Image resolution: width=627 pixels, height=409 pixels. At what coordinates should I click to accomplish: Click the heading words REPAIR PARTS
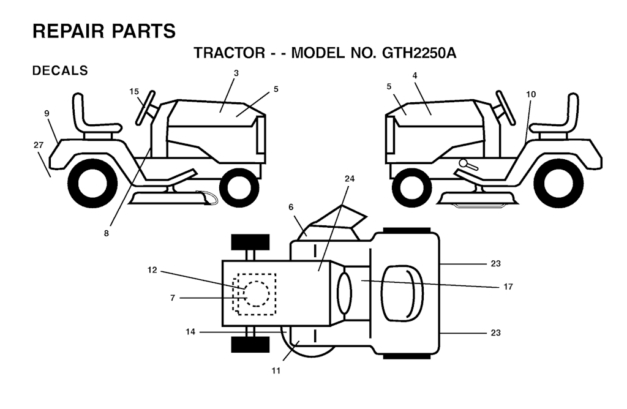coord(104,31)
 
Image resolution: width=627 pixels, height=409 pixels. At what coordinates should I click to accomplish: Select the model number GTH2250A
coord(419,53)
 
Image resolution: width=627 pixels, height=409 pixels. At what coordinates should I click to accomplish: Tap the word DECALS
coord(60,70)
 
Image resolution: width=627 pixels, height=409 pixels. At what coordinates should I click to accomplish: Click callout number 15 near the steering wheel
coord(134,92)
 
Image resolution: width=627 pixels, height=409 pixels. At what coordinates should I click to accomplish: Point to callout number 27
coord(39,145)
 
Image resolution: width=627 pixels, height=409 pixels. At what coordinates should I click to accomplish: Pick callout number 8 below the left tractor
coord(106,233)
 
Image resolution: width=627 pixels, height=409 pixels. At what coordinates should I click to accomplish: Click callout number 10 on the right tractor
coord(531,94)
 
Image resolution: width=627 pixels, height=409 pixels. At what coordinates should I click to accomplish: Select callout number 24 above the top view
coord(350,179)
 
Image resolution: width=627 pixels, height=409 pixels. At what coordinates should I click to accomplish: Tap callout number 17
coord(508,287)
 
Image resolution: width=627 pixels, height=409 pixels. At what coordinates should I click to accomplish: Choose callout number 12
coord(152,270)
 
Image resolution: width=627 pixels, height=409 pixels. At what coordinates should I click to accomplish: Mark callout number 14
coord(190,332)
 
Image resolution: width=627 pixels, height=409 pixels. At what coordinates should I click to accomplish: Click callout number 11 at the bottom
coord(276,371)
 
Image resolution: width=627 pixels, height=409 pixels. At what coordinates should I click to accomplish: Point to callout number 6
coord(291,207)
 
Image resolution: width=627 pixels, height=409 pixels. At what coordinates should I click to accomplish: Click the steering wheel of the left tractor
coord(146,108)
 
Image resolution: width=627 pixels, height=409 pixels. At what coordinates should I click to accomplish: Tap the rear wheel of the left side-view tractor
coord(92,183)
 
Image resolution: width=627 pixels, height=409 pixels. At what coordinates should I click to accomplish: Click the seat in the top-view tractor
coord(402,293)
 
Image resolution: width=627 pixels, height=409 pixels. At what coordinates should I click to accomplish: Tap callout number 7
coord(172,298)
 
